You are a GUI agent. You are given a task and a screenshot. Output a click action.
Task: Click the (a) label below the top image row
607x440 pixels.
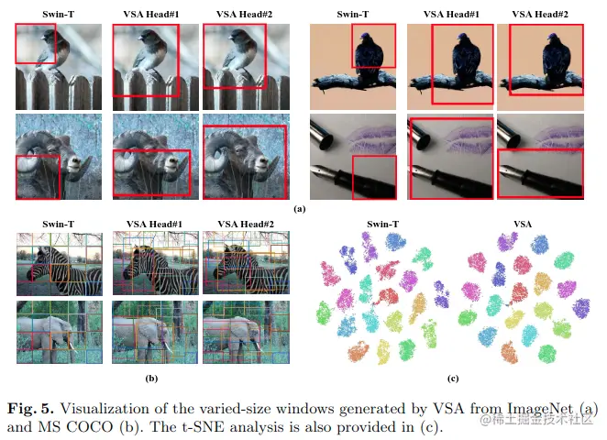(x=299, y=210)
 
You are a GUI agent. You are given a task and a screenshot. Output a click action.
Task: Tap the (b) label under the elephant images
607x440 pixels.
(x=151, y=378)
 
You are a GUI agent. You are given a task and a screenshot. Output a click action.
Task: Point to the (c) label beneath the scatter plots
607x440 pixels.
(x=451, y=378)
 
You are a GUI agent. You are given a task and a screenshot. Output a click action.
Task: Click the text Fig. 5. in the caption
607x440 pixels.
(x=34, y=409)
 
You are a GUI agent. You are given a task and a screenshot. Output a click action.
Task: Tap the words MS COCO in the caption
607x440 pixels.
(x=78, y=425)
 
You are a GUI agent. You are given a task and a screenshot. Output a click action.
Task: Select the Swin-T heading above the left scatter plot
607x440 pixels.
(x=381, y=224)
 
